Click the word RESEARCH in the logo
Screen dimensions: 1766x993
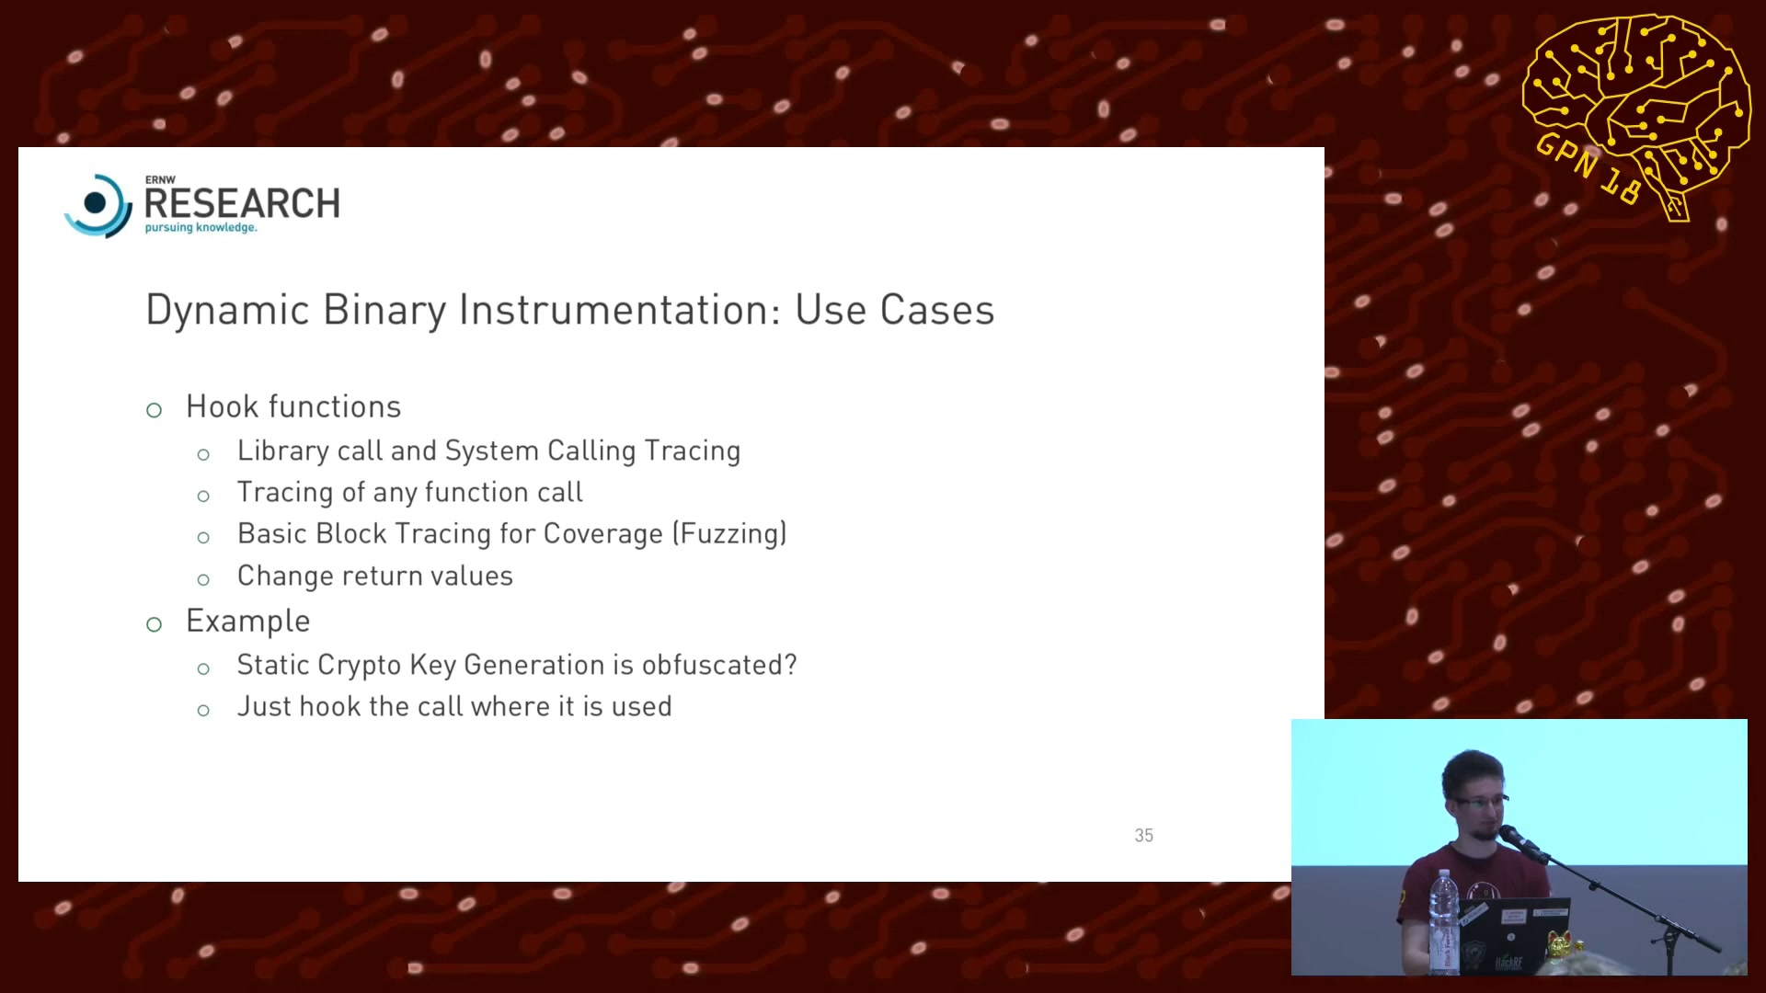click(x=242, y=203)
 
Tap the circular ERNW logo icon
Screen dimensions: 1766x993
click(x=97, y=205)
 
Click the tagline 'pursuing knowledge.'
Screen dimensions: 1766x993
click(x=201, y=227)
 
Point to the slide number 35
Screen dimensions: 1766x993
click(x=1143, y=835)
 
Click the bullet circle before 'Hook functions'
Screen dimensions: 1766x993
click(x=154, y=410)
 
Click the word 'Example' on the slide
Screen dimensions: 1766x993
click(x=247, y=622)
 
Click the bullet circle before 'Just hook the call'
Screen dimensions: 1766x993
click(x=203, y=711)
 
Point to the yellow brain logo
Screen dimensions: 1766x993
click(x=1636, y=115)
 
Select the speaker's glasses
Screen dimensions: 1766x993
click(x=1479, y=802)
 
